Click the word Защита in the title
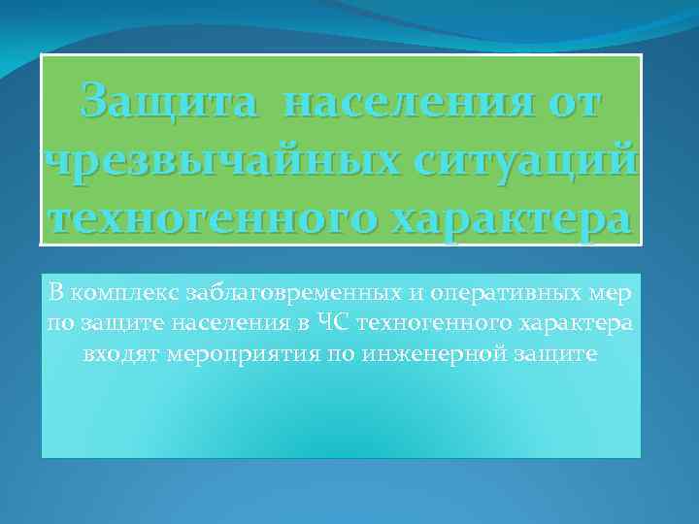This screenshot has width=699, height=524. coord(171,101)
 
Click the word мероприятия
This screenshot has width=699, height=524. coord(219,354)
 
